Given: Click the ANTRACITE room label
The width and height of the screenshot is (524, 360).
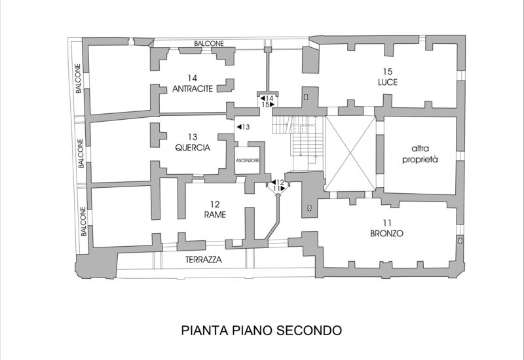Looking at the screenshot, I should pos(192,90).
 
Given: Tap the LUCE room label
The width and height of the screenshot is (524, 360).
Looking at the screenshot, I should pos(387,82).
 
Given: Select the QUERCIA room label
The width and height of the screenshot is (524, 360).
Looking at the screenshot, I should pos(192,148).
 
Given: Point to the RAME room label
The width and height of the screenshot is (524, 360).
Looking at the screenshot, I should pos(214,214).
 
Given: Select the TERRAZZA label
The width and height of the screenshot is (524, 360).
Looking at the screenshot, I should pos(202,260).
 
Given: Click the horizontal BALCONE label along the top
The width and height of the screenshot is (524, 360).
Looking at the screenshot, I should pos(209,44).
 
